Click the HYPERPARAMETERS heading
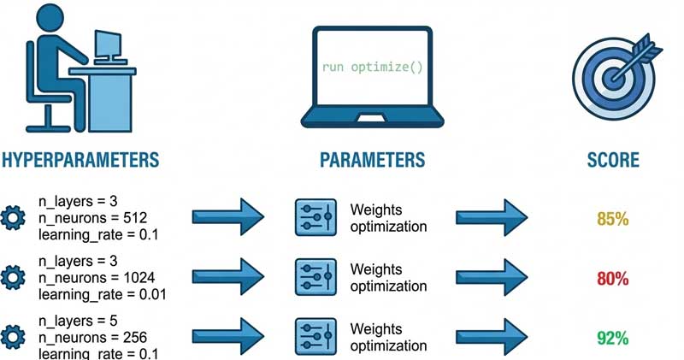point(81,161)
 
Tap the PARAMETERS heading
point(371,161)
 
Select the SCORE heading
point(613,161)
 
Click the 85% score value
point(613,219)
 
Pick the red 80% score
point(613,278)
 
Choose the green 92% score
point(613,337)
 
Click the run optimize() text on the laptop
point(372,66)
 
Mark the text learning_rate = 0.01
point(102,294)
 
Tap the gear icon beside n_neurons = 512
point(15,219)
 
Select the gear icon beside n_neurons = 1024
point(15,278)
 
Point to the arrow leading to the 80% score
point(492,278)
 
